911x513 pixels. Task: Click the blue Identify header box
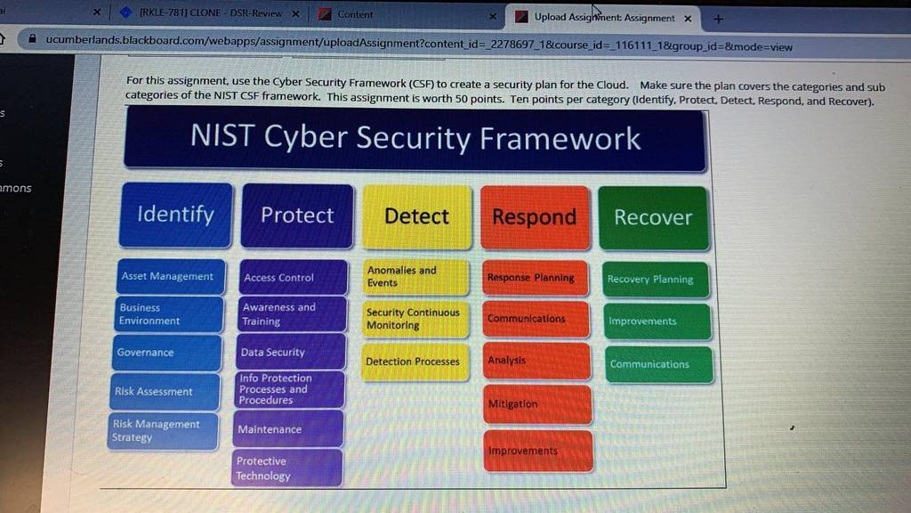coord(176,215)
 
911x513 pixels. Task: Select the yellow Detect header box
coord(416,217)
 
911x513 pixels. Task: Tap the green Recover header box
coord(653,218)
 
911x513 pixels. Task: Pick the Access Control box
coord(294,278)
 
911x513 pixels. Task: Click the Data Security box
coord(291,352)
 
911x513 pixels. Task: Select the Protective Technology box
coord(287,468)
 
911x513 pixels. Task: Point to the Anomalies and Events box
coord(415,277)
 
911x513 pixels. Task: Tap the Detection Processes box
coord(415,362)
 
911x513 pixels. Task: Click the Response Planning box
coord(536,278)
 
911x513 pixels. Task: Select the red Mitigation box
coord(537,403)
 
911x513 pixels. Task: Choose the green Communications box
coord(659,364)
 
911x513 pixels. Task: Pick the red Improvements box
coord(538,451)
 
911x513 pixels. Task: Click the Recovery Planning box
coord(656,280)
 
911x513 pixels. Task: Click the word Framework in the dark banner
coord(560,139)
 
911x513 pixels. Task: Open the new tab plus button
coord(719,20)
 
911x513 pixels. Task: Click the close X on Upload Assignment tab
coord(688,19)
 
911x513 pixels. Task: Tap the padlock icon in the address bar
coord(33,39)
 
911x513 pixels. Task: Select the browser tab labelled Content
coord(407,14)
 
